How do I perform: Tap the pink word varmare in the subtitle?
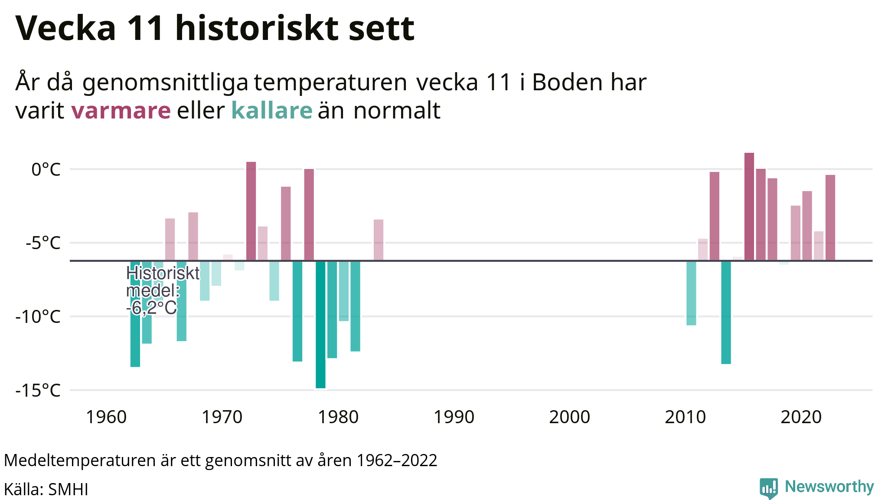121,110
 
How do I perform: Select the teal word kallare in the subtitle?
271,110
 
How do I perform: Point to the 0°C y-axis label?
46,169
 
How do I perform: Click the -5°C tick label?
43,243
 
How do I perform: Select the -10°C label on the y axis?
38,317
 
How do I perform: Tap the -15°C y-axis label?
38,391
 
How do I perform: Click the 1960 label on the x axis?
106,417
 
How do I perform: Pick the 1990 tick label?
454,417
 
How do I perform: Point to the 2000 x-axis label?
569,417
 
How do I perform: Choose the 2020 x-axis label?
801,417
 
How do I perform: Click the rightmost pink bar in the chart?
830,217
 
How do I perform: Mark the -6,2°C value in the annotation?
152,308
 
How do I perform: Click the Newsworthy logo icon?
768,488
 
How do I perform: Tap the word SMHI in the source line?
68,490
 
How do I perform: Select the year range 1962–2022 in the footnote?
397,461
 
